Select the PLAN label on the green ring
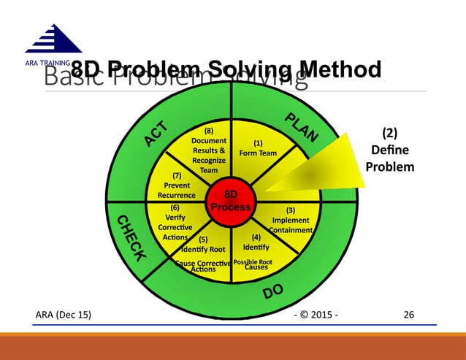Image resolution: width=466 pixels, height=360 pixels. [301, 128]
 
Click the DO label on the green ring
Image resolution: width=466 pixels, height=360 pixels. [273, 293]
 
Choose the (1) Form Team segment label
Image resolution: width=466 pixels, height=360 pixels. [258, 148]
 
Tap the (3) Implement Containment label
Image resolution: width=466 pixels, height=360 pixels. [290, 220]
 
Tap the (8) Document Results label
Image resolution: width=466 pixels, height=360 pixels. [208, 150]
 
